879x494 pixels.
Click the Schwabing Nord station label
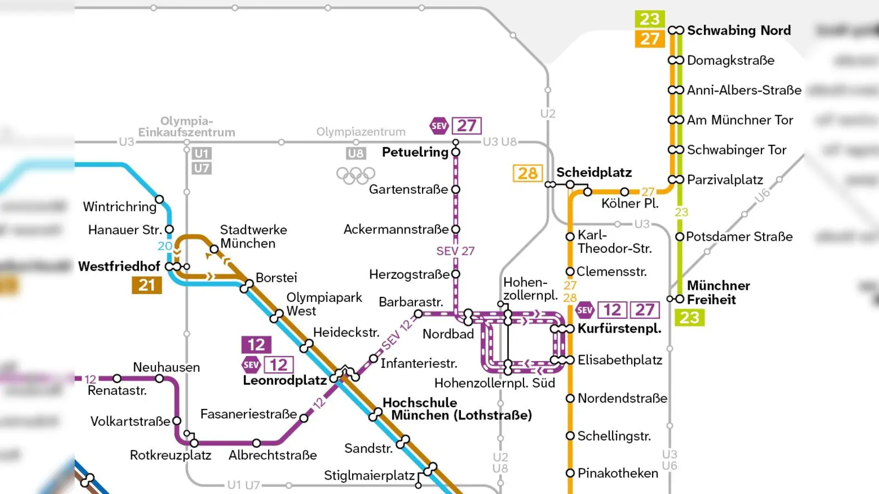tap(738, 30)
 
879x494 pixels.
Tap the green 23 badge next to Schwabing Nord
tap(649, 19)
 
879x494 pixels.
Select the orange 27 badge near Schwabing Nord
tap(649, 39)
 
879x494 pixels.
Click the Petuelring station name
tap(415, 152)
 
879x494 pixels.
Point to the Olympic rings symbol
tap(355, 176)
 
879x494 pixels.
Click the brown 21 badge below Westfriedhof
tap(147, 285)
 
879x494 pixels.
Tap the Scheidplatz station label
tap(594, 172)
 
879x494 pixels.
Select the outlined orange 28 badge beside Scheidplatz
tap(527, 173)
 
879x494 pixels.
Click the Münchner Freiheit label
tap(718, 293)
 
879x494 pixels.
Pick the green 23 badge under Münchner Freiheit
tap(689, 317)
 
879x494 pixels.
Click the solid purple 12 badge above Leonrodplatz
tap(256, 345)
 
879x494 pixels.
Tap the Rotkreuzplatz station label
tap(170, 455)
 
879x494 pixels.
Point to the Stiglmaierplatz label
tap(369, 475)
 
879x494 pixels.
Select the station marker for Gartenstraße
tap(455, 189)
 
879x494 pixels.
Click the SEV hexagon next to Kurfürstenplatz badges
tap(585, 310)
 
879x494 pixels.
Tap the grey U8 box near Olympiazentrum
tap(355, 154)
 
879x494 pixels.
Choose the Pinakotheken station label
tap(617, 473)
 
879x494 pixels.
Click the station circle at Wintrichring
tap(159, 199)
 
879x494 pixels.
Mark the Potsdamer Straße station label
tap(739, 237)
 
